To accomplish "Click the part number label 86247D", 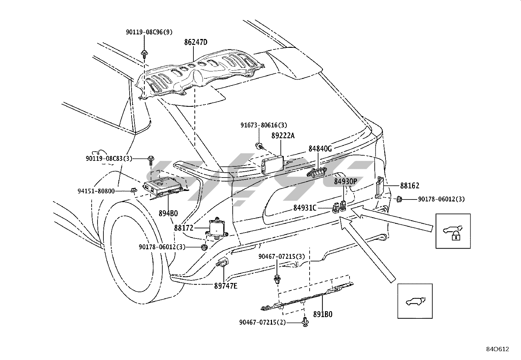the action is pyautogui.click(x=196, y=42).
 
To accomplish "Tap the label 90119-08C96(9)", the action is pyautogui.click(x=149, y=32).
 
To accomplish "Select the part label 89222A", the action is pyautogui.click(x=283, y=136).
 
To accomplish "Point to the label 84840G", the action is pyautogui.click(x=320, y=149).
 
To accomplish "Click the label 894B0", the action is pyautogui.click(x=168, y=213).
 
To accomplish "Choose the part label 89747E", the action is pyautogui.click(x=225, y=286).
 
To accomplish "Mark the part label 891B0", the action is pyautogui.click(x=323, y=314).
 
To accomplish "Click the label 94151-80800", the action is pyautogui.click(x=96, y=191).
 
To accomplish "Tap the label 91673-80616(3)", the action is pyautogui.click(x=264, y=125).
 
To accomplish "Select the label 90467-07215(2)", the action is pyautogui.click(x=262, y=323).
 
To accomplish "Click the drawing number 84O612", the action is pyautogui.click(x=497, y=349).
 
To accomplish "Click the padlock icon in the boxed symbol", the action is pyautogui.click(x=456, y=236).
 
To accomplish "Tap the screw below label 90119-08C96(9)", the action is pyautogui.click(x=144, y=54).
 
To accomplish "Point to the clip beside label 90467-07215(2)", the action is pyautogui.click(x=305, y=322).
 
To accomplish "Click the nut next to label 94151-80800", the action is pyautogui.click(x=134, y=190).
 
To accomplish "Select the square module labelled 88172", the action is pyautogui.click(x=217, y=229).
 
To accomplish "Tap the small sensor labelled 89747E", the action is pyautogui.click(x=222, y=262).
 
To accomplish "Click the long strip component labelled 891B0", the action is pyautogui.click(x=307, y=297).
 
